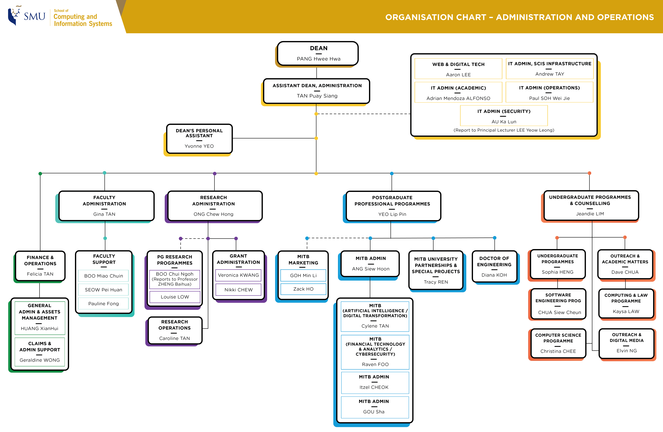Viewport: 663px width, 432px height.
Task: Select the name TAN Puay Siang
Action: [x=317, y=96]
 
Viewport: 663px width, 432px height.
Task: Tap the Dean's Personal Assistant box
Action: [x=199, y=139]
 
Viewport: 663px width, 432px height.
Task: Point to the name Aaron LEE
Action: [x=458, y=75]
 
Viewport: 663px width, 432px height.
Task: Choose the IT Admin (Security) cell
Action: [x=504, y=116]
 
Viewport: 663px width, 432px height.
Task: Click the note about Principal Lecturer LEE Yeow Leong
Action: [x=504, y=130]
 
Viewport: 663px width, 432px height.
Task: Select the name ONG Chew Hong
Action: [x=213, y=214]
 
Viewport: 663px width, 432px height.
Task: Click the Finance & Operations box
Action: [x=40, y=266]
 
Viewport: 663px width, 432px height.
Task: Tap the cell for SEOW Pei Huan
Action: [x=103, y=290]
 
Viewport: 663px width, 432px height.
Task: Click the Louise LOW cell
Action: [x=175, y=297]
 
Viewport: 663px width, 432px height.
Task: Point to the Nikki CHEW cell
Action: [x=238, y=290]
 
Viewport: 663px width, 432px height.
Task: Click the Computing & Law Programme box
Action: [x=626, y=303]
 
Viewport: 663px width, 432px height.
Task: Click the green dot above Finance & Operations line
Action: [x=40, y=174]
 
